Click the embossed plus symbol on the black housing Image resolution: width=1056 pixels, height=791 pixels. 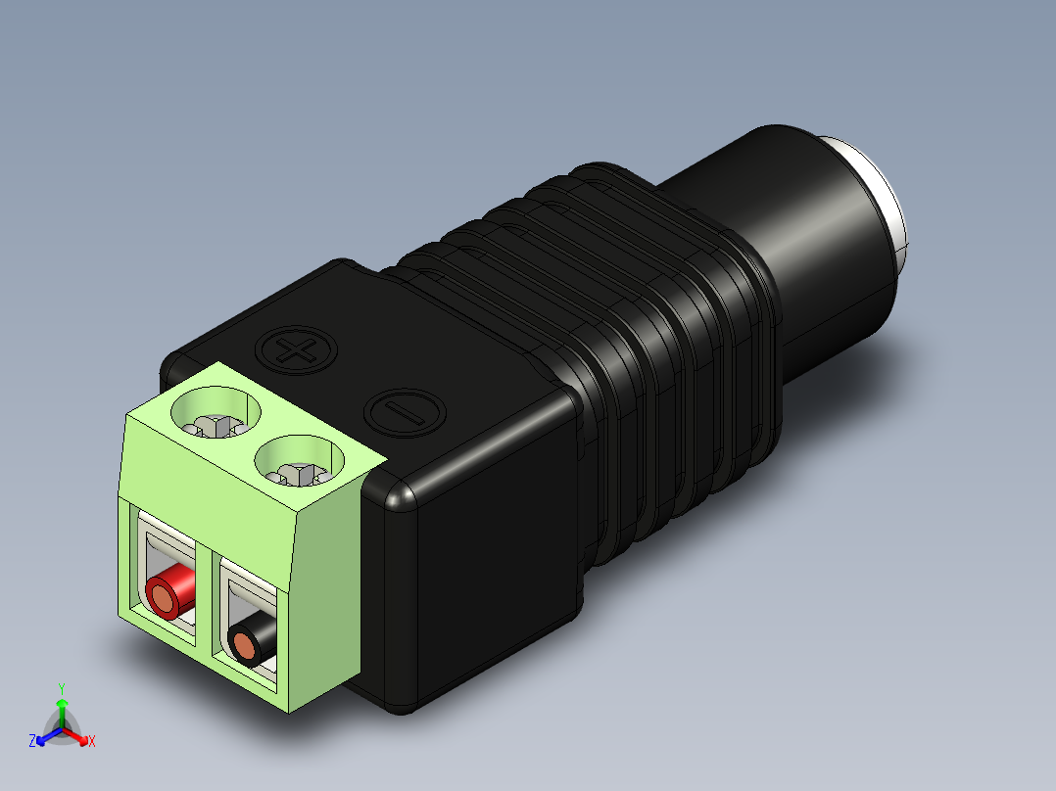(296, 349)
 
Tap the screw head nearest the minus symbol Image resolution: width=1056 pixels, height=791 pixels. (300, 474)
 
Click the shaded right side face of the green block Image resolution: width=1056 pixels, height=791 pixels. (325, 597)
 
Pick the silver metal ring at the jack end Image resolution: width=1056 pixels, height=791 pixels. (885, 191)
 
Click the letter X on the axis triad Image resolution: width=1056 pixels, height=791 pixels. (92, 742)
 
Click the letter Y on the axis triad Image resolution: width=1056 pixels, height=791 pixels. (61, 687)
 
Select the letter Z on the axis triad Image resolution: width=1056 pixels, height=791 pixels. (32, 742)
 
